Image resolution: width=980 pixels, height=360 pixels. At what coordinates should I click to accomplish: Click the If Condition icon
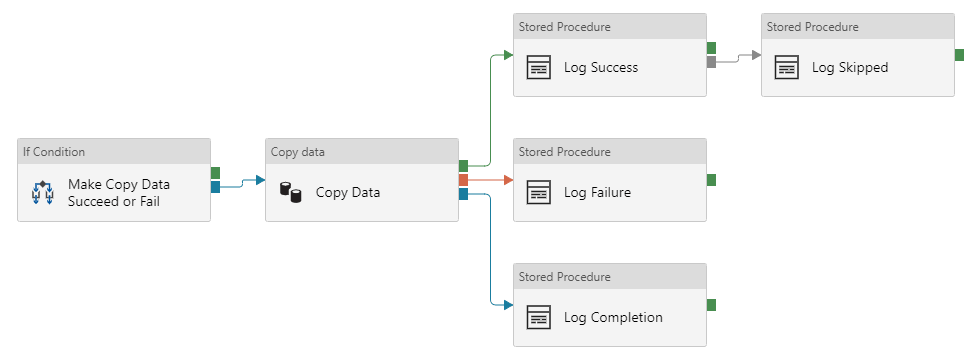(42, 193)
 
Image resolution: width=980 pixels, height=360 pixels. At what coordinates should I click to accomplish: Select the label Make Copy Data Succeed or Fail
(118, 193)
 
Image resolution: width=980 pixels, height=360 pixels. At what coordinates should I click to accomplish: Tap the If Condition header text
(54, 152)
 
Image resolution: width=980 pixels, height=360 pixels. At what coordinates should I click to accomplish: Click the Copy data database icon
(290, 193)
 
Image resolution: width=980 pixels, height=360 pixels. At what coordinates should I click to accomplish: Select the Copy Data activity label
(347, 193)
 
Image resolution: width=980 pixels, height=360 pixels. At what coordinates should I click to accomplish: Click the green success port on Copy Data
(463, 166)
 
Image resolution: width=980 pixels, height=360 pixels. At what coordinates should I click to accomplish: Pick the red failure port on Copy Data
(463, 180)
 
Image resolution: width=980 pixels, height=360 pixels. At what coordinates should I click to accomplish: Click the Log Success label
(600, 68)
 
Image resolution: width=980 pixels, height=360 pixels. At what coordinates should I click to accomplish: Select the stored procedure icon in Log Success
(539, 68)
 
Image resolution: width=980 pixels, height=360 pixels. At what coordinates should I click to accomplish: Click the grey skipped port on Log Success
(711, 62)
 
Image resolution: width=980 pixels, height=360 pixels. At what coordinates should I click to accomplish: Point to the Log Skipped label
(849, 68)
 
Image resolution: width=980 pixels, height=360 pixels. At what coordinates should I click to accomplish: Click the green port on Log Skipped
(959, 55)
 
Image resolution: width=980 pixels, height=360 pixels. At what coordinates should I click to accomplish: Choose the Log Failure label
(597, 193)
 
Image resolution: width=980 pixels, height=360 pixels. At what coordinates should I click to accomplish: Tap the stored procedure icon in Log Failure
(539, 193)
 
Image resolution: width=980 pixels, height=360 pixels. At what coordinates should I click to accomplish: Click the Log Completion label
(613, 318)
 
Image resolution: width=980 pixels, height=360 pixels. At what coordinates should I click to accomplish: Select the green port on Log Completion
(711, 305)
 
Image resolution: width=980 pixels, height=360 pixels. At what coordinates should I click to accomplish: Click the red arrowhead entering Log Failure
(508, 180)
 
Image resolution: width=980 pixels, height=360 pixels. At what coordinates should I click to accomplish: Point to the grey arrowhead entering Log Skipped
(756, 55)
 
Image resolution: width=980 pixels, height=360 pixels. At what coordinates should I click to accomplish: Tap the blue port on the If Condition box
(215, 187)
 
